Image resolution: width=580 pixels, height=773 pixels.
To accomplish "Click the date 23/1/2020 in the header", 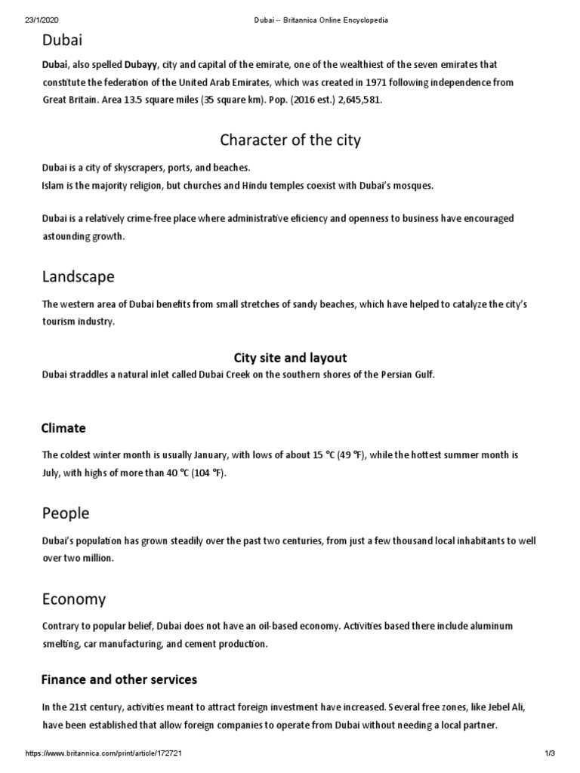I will point(26,20).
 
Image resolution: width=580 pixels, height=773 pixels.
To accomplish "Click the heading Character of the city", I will point(290,140).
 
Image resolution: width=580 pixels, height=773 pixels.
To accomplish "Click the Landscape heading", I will point(79,276).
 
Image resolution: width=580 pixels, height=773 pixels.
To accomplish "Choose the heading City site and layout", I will point(290,358).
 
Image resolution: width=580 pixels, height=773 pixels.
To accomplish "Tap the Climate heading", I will point(63,428).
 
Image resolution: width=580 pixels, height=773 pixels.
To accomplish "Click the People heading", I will point(66,513).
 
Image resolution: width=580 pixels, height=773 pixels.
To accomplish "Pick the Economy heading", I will point(74,599).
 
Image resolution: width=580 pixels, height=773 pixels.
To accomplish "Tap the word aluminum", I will point(488,627).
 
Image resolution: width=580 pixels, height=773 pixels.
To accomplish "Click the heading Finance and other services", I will point(119,679).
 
